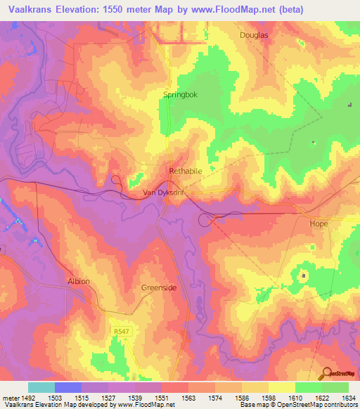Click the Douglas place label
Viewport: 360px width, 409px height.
254,34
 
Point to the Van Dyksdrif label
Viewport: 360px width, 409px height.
163,193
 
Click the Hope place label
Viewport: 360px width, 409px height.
319,223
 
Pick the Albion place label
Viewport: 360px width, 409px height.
79,281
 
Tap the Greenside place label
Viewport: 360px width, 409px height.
158,287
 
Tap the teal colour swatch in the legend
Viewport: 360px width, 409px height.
41,387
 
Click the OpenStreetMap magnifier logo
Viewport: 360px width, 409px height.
326,372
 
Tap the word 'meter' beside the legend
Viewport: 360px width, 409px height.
10,398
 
